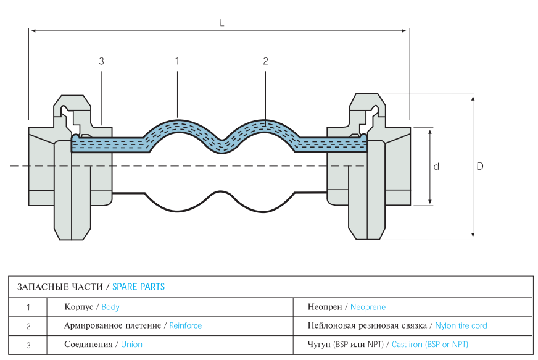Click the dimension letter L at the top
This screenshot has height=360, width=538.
coord(222,23)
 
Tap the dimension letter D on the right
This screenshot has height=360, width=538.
coord(480,166)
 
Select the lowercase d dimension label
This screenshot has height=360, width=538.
coord(436,167)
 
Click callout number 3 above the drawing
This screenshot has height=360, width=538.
coord(101,61)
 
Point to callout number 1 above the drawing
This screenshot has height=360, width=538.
coord(177,61)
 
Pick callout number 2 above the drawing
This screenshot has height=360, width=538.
coord(265,61)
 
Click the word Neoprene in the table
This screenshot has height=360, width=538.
coord(368,307)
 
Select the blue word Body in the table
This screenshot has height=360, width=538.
coord(110,307)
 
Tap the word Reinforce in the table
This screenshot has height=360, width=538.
coord(185,325)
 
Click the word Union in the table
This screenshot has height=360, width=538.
coord(131,345)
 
